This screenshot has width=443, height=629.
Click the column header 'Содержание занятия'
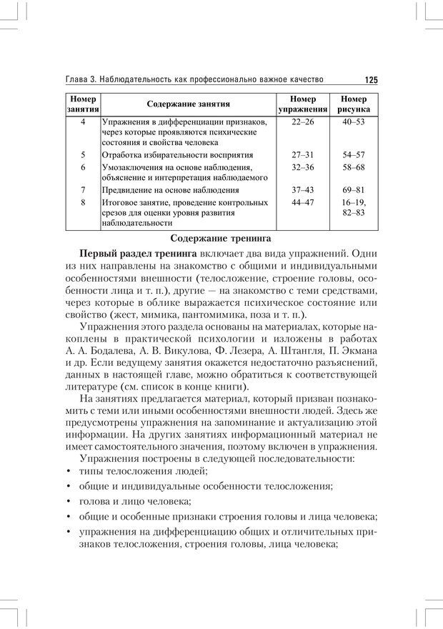(189, 104)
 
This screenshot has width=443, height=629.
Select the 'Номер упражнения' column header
(303, 104)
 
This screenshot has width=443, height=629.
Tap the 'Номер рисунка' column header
(354, 104)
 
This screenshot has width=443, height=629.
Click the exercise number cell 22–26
(303, 122)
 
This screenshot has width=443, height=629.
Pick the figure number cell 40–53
(354, 122)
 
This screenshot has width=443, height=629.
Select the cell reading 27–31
(303, 154)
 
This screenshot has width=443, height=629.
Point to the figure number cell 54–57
(354, 154)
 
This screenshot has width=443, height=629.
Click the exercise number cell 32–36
(303, 167)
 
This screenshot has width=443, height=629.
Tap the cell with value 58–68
(354, 167)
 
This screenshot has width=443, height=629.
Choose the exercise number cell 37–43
(303, 190)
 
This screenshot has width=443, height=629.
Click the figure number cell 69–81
(354, 190)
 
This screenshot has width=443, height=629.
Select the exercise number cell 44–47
(303, 203)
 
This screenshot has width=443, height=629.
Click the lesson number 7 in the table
(84, 190)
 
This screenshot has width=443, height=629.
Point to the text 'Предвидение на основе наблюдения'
(170, 190)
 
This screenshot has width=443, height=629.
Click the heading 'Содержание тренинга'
(221, 238)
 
